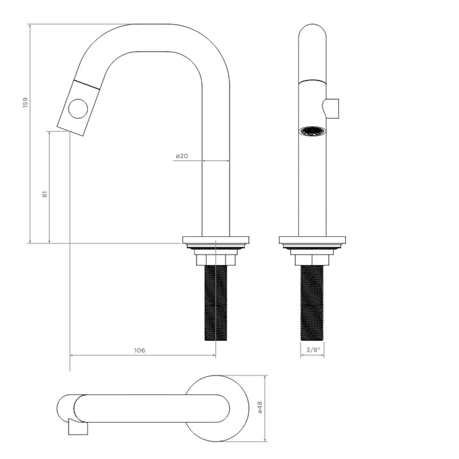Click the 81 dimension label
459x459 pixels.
tap(45, 194)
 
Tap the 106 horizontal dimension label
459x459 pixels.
tap(139, 350)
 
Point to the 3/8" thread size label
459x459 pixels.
tap(312, 350)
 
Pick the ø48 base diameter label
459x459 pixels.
tap(260, 407)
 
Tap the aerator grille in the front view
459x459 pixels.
tap(312, 131)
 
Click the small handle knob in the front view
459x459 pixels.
tap(332, 108)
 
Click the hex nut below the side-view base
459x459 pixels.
tap(216, 260)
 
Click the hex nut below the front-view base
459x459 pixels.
tap(312, 260)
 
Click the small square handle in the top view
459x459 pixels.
tap(76, 428)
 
